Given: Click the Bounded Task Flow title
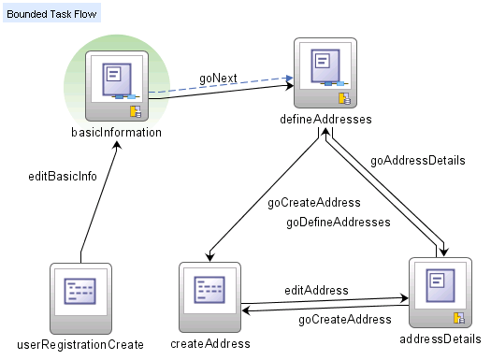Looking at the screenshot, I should (x=49, y=15).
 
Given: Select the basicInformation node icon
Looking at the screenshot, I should (x=117, y=85).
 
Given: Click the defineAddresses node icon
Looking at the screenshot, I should (x=325, y=73).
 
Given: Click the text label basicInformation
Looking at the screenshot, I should (x=116, y=133).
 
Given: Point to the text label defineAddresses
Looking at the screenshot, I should (x=325, y=121).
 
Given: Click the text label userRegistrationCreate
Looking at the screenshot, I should (x=80, y=344).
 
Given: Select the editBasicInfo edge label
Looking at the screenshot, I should (x=63, y=176).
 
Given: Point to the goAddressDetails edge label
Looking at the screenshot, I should (x=417, y=160).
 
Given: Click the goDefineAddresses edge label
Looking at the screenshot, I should (x=338, y=222).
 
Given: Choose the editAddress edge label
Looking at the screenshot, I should (x=316, y=290).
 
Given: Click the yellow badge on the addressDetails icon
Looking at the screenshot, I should (x=458, y=317).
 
